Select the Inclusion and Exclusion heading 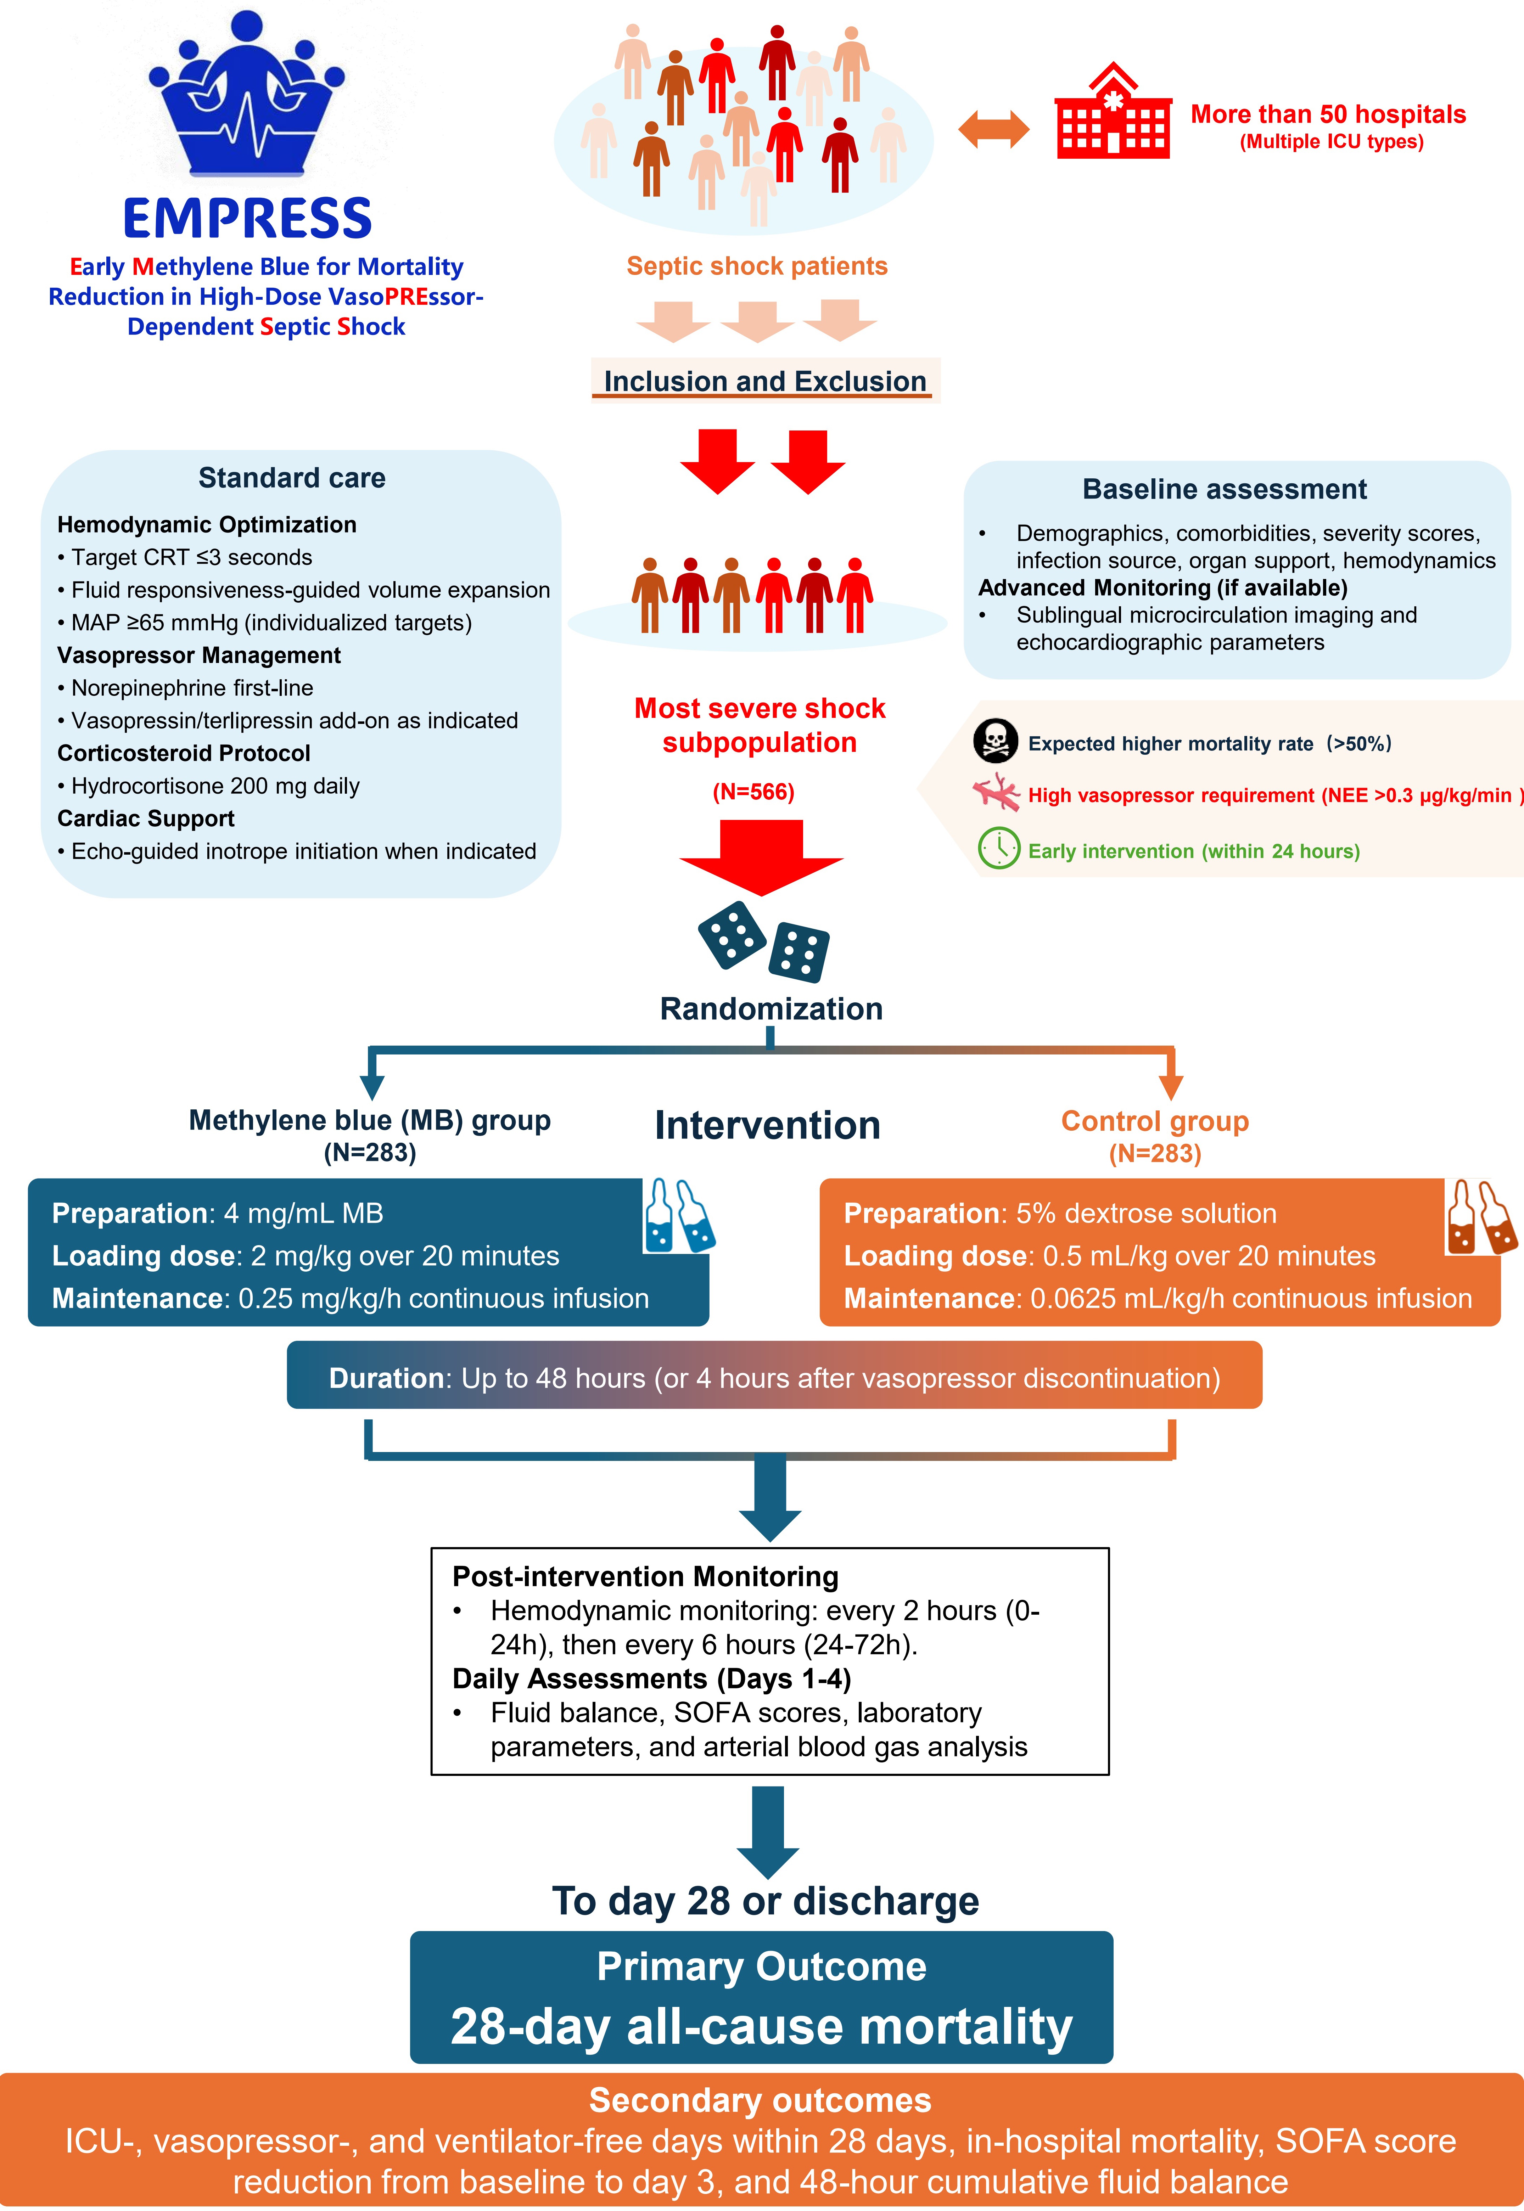765,381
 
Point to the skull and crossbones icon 995,741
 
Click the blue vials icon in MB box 680,1214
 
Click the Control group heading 1154,1121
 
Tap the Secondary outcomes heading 760,2100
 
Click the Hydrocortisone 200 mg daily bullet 208,786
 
